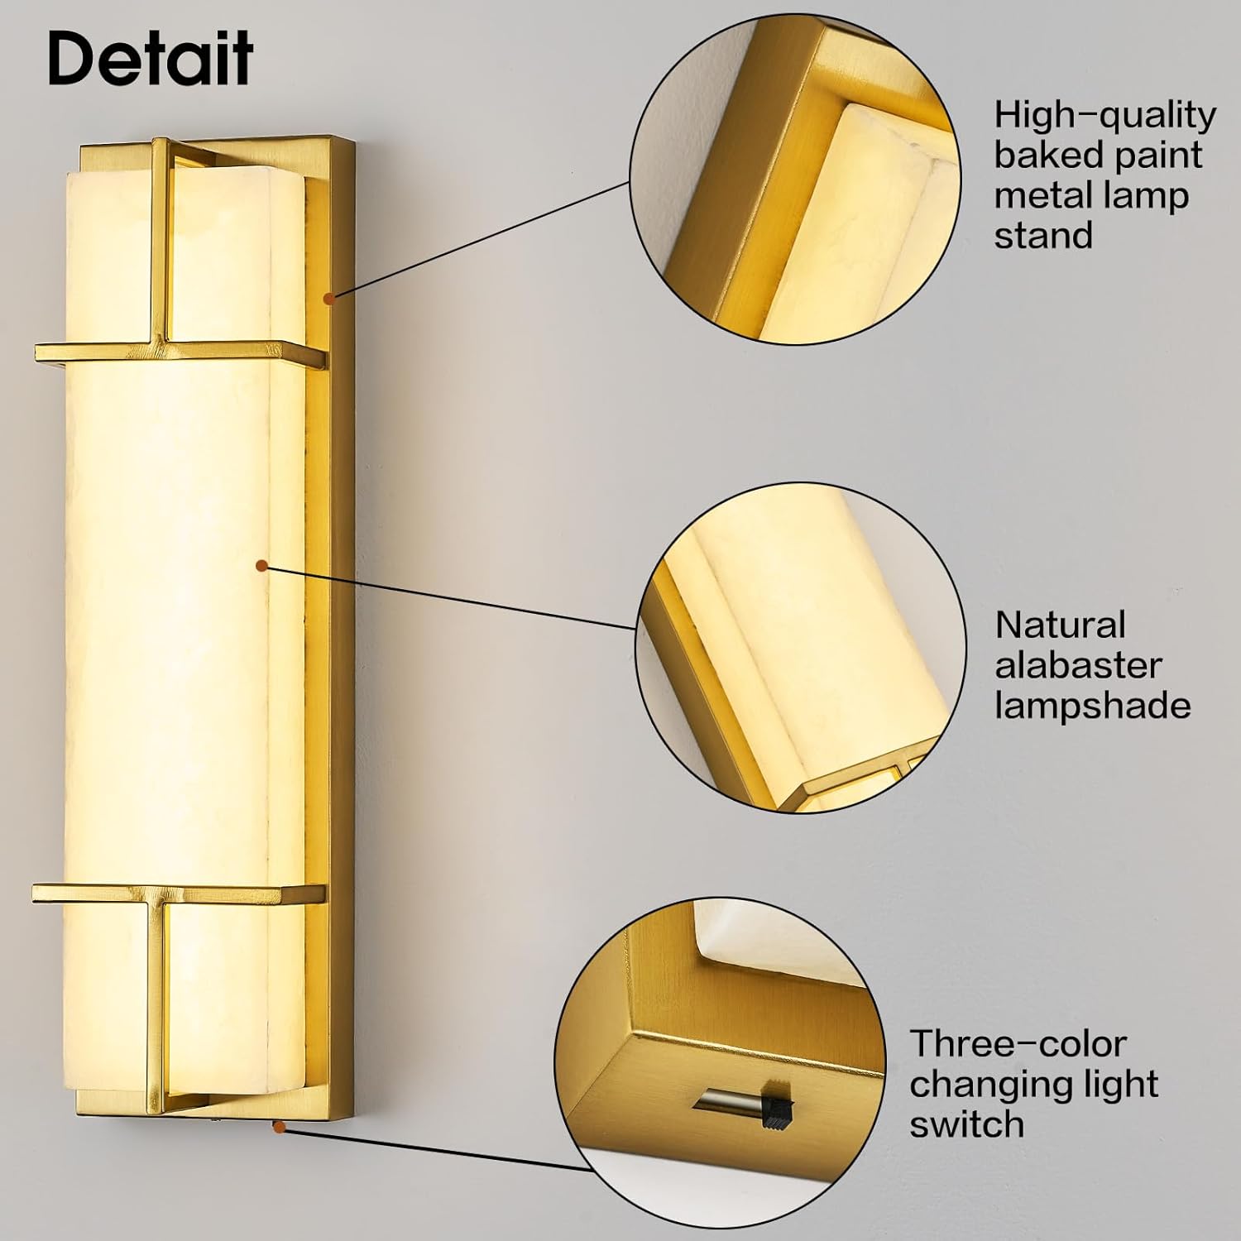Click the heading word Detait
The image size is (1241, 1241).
point(151,58)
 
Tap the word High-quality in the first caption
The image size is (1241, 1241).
point(1104,116)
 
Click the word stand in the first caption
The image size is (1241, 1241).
point(1043,236)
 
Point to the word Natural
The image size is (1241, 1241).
point(1060,625)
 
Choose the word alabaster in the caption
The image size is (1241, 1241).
point(1078,666)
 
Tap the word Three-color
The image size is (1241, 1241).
point(1018,1044)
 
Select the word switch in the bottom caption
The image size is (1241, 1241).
point(966,1124)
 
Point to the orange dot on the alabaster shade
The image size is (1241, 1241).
point(261,566)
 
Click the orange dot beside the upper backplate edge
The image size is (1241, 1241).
point(329,297)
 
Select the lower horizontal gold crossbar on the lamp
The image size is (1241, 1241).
point(178,893)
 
